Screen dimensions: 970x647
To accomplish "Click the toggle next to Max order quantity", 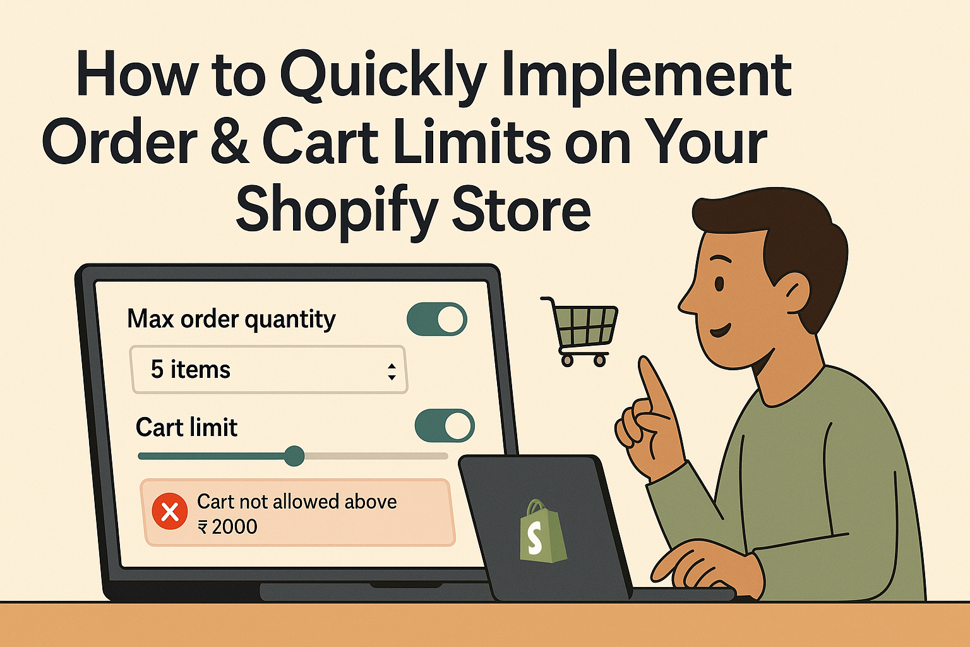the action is point(436,319).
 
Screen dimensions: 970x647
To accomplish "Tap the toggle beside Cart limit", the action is point(445,426).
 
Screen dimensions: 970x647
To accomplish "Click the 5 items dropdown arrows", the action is point(392,372).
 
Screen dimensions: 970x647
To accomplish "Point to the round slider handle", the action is point(294,456).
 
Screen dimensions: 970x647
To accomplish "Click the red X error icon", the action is point(170,511).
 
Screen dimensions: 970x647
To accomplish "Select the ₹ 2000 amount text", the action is point(227,527).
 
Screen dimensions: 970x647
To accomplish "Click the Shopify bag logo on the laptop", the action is point(542,531).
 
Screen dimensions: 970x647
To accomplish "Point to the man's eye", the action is point(719,284).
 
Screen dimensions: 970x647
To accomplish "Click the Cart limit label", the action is point(187,427).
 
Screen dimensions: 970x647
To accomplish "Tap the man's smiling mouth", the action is point(721,331).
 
